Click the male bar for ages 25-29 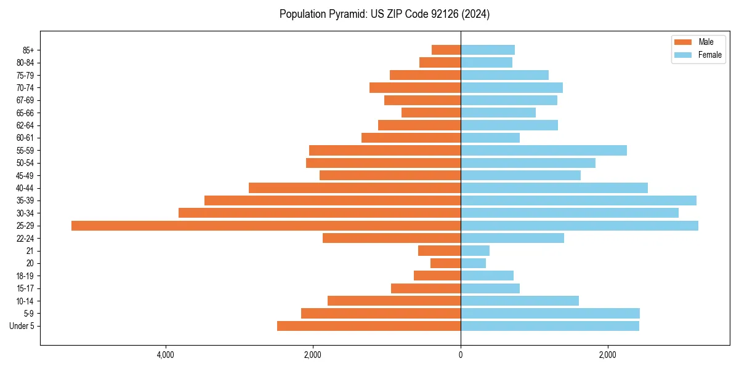coord(266,226)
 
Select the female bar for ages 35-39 coord(578,200)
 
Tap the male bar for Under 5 coord(369,326)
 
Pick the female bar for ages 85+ coord(488,50)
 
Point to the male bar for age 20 coord(445,263)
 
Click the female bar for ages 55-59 coord(544,150)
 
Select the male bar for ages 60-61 coord(411,138)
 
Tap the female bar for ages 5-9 coord(550,313)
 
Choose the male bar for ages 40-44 coord(355,188)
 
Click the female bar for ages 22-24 coord(512,238)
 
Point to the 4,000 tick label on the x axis coord(165,355)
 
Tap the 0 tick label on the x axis coord(461,355)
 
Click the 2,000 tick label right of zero coord(608,355)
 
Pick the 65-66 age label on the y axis coord(25,113)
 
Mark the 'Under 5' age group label coord(22,326)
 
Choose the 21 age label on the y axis coord(30,251)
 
